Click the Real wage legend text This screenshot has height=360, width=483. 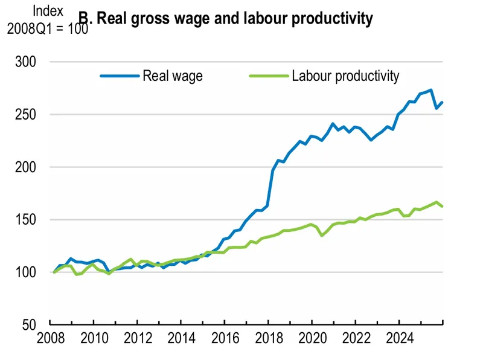(x=173, y=76)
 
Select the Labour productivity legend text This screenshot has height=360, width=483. (x=345, y=76)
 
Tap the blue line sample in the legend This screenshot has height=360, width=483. (x=119, y=76)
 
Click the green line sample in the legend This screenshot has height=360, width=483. (x=267, y=76)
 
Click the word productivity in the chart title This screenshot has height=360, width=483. (x=332, y=19)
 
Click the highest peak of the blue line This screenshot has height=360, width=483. (x=430, y=90)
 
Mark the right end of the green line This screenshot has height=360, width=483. (x=443, y=207)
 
